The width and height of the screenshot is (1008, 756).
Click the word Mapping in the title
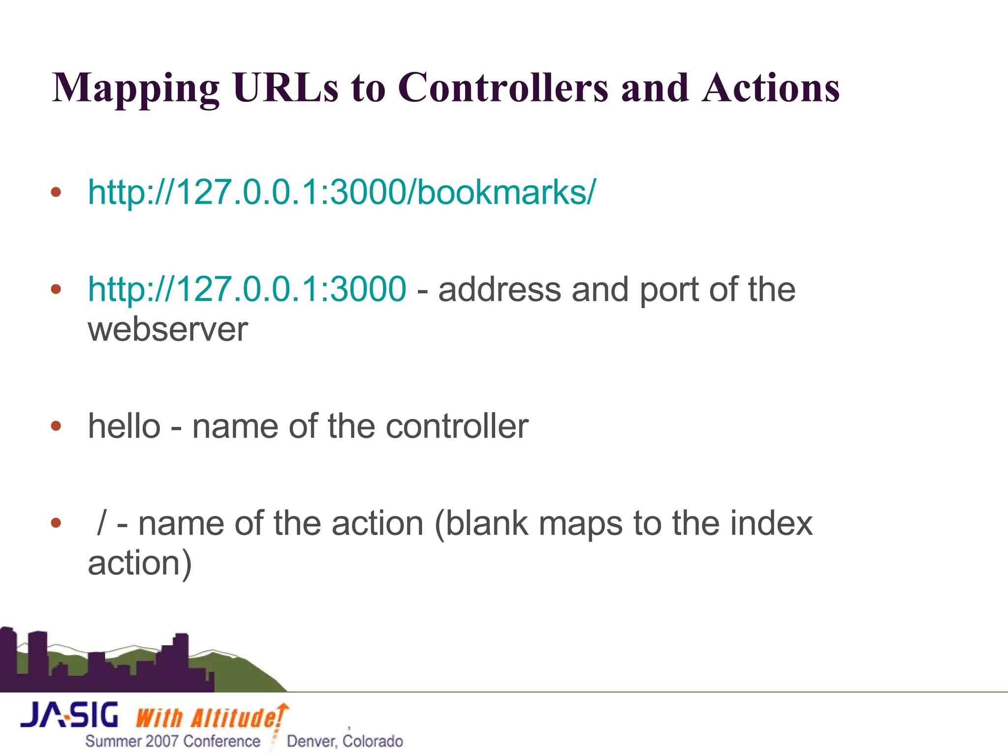click(135, 89)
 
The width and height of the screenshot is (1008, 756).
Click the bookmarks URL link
click(342, 191)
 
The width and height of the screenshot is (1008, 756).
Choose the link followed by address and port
click(247, 289)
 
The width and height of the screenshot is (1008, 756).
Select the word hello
click(124, 426)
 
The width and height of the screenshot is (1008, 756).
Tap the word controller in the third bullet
click(457, 426)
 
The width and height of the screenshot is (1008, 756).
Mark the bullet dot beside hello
click(56, 426)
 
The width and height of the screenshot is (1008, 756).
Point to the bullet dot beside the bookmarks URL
click(56, 191)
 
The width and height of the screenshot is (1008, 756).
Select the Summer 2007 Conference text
click(173, 741)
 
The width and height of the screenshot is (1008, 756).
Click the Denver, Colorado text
click(345, 741)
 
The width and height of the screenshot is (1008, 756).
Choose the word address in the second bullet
click(500, 289)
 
